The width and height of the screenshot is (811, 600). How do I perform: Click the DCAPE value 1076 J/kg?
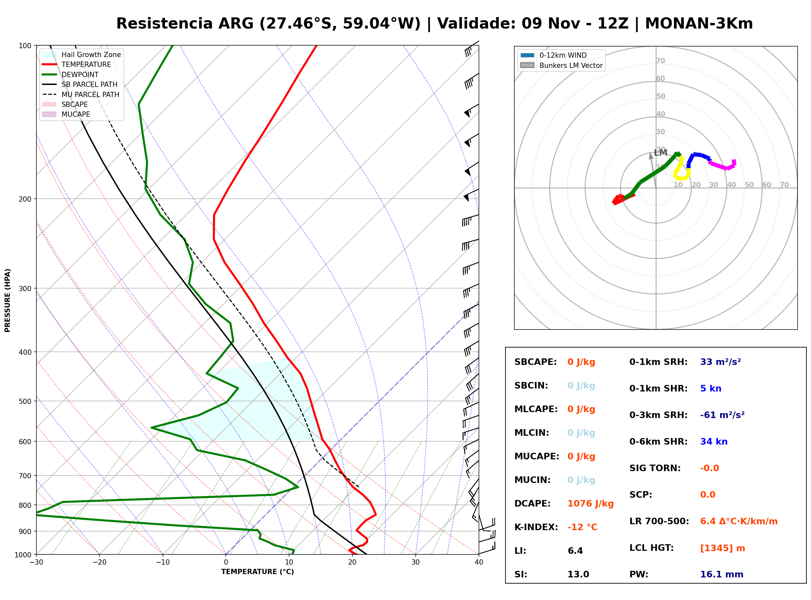coord(590,504)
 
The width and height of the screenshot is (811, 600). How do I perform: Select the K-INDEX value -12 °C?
coord(582,527)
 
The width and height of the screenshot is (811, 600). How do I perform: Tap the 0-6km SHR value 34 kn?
coord(714,442)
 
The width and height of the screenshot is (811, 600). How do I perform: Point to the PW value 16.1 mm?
coord(722,574)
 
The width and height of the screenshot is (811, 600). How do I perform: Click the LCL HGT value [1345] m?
coord(722,548)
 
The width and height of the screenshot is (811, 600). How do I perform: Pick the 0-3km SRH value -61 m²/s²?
coord(722,415)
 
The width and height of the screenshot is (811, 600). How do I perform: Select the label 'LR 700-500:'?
coord(659,522)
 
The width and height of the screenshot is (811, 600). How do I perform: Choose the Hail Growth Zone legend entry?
coord(81,54)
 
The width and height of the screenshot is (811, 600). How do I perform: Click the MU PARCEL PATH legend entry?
coord(81,94)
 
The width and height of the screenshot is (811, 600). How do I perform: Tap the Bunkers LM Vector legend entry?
coord(561,65)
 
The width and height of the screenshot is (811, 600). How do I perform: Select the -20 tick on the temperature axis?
coord(99,563)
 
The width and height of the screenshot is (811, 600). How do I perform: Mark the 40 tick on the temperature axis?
coord(479,563)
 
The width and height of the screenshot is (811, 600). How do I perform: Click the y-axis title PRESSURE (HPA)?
coord(8,300)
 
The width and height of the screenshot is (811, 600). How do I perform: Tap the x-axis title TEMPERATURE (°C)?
coord(258,572)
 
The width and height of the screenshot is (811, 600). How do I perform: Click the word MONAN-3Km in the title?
coord(699,24)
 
